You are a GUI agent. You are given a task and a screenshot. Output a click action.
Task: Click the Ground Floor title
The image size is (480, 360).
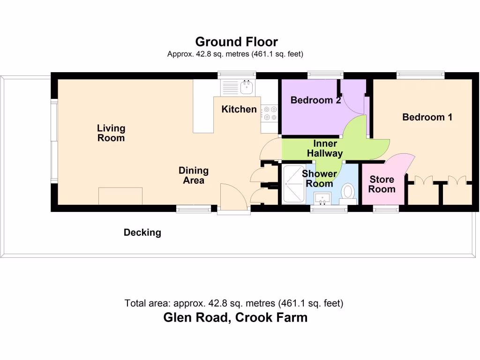(236, 42)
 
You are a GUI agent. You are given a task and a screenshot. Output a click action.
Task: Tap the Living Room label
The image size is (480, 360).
(111, 133)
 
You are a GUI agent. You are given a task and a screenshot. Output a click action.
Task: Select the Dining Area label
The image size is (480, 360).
(194, 175)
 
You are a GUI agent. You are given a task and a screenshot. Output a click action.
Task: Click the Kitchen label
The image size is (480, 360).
(239, 109)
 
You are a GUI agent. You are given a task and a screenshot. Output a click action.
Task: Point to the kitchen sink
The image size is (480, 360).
(246, 87)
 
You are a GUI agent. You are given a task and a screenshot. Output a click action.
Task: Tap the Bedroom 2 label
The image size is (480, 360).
(315, 100)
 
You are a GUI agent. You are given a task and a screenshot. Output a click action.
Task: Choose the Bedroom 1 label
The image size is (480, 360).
(427, 117)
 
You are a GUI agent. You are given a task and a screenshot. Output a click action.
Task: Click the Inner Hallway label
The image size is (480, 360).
(325, 148)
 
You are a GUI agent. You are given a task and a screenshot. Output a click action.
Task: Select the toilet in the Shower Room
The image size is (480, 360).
(348, 191)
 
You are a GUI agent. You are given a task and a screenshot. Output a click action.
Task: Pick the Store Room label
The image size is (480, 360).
(382, 184)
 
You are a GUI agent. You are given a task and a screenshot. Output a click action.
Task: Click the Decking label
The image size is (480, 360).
(142, 232)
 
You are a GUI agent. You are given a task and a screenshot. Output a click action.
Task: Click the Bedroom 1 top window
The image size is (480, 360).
(420, 75)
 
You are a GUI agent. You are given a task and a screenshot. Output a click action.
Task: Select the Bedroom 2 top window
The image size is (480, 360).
(325, 75)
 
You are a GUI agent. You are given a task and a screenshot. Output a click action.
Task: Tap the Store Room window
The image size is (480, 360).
(386, 209)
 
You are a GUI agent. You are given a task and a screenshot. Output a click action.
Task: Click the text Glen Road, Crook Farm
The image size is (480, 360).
(235, 317)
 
